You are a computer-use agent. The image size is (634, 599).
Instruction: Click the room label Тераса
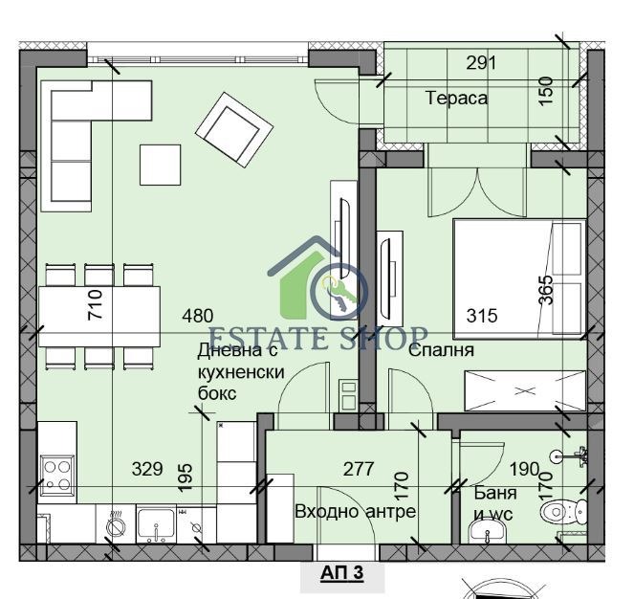click(x=456, y=98)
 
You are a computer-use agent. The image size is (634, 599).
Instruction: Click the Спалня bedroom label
click(x=441, y=350)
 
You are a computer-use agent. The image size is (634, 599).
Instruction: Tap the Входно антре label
click(x=356, y=511)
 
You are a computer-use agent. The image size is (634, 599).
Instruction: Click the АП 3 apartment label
click(x=329, y=575)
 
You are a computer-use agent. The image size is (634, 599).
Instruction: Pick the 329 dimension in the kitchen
click(x=146, y=469)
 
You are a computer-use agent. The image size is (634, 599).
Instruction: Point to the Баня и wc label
click(x=495, y=503)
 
